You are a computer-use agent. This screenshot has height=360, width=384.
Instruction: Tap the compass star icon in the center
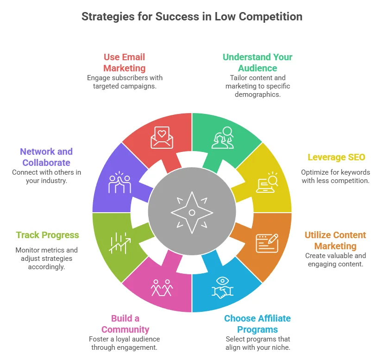pyautogui.click(x=192, y=213)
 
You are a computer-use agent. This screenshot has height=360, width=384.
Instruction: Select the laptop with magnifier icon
pyautogui.click(x=267, y=182)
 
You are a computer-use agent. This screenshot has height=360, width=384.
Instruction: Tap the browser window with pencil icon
pyautogui.click(x=267, y=243)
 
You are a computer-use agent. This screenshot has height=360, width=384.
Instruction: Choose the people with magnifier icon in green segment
pyautogui.click(x=223, y=138)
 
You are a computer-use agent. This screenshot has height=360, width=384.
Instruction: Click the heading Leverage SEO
pyautogui.click(x=336, y=158)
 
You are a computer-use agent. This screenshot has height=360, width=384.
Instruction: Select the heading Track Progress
pyautogui.click(x=47, y=235)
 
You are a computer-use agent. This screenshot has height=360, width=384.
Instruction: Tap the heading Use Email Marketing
pyautogui.click(x=124, y=63)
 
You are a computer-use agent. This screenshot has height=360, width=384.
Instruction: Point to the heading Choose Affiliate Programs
pyautogui.click(x=257, y=324)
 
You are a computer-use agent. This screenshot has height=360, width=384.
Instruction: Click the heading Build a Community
pyautogui.click(x=125, y=324)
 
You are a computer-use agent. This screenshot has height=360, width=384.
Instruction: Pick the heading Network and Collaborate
pyautogui.click(x=46, y=157)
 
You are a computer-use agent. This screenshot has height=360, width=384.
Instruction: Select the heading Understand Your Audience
pyautogui.click(x=257, y=63)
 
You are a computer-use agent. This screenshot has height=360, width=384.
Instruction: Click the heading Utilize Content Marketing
pyautogui.click(x=335, y=240)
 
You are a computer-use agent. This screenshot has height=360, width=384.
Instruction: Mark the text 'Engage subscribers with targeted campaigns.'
pyautogui.click(x=125, y=82)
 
